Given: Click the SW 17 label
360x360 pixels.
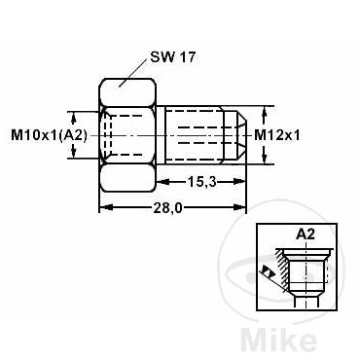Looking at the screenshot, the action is [x=173, y=57].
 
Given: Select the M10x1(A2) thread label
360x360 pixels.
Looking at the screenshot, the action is [x=50, y=135].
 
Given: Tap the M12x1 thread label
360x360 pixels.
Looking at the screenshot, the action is [x=277, y=135].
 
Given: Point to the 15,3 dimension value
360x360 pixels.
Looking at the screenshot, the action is [x=201, y=182].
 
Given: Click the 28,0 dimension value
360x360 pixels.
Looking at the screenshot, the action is [x=167, y=208].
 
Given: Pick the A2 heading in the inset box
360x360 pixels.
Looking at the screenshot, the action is [x=306, y=234].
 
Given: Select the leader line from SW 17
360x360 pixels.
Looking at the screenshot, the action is [x=133, y=73].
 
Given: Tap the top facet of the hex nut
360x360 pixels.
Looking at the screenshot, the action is [x=127, y=91].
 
